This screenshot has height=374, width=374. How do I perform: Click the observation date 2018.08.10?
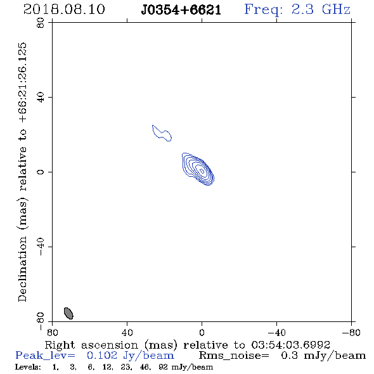click(64, 10)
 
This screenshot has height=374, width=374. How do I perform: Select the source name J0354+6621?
click(181, 10)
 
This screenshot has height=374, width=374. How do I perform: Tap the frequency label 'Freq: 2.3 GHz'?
click(297, 10)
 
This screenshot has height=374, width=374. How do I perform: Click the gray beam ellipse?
click(68, 313)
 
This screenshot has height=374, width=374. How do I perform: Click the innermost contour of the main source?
click(202, 171)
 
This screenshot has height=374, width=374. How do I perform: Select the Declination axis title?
click(22, 172)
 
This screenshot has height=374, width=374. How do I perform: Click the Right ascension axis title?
click(187, 345)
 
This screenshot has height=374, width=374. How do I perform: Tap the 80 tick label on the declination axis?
click(41, 23)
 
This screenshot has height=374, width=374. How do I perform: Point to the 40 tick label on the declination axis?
click(41, 98)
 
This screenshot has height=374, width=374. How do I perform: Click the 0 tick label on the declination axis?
click(41, 172)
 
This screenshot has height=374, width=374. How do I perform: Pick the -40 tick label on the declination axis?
click(41, 247)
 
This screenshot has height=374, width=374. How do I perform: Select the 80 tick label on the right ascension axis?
click(52, 332)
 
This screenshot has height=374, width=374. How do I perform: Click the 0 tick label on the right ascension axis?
click(202, 332)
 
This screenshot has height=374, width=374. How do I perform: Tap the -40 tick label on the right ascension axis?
click(276, 332)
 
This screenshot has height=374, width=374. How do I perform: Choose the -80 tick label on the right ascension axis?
click(351, 332)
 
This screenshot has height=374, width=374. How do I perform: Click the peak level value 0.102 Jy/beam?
click(130, 356)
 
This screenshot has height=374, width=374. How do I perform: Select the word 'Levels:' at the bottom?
click(28, 367)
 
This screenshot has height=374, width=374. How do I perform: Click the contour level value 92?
click(163, 367)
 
